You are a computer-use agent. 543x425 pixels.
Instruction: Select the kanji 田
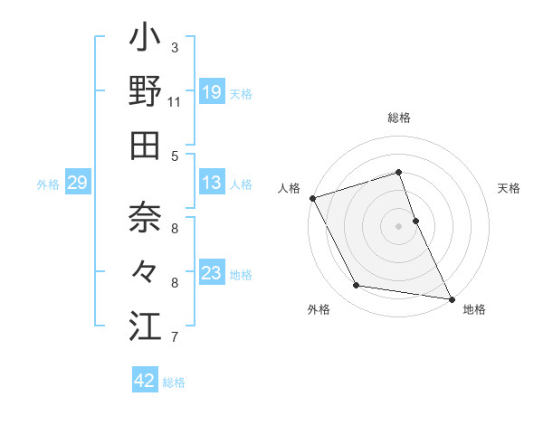pyautogui.click(x=145, y=145)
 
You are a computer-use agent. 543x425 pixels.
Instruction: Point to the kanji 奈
pyautogui.click(x=145, y=216)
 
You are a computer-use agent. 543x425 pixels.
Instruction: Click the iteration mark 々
pyautogui.click(x=145, y=270)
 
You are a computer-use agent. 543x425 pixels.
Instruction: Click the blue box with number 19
pyautogui.click(x=211, y=92)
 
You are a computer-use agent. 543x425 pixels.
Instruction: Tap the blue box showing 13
pyautogui.click(x=211, y=184)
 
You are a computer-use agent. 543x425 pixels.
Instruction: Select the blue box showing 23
pyautogui.click(x=211, y=273)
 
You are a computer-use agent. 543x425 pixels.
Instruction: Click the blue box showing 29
pyautogui.click(x=77, y=184)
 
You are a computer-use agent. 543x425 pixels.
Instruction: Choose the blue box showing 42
pyautogui.click(x=145, y=381)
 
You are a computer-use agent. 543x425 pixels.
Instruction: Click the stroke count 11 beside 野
pyautogui.click(x=175, y=101)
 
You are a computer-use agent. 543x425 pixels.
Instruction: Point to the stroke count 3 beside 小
pyautogui.click(x=175, y=47)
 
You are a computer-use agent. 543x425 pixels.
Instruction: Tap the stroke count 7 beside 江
pyautogui.click(x=175, y=337)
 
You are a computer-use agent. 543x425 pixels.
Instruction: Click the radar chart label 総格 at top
pyautogui.click(x=398, y=118)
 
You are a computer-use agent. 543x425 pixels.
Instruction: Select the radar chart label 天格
pyautogui.click(x=509, y=188)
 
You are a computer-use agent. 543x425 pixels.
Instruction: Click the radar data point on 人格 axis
pyautogui.click(x=312, y=198)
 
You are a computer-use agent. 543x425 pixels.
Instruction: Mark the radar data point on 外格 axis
pyautogui.click(x=357, y=286)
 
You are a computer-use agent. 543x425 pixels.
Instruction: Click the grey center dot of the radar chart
pyautogui.click(x=398, y=226)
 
